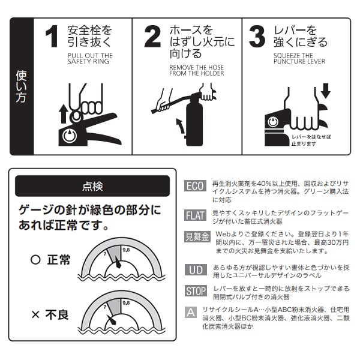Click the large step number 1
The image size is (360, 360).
[52, 36]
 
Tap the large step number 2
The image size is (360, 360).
[152, 36]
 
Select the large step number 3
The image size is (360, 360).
[257, 36]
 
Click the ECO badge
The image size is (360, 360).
[195, 186]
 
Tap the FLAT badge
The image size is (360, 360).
[195, 215]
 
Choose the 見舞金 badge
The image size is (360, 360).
[197, 236]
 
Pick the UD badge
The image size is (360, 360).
[196, 269]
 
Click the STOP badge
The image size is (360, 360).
[196, 291]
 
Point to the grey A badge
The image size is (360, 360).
[191, 312]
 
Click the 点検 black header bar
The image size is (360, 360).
[92, 186]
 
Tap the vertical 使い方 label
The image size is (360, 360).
[21, 86]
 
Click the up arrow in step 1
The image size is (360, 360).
[63, 114]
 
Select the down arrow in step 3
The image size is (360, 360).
[326, 91]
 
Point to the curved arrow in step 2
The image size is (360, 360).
[181, 125]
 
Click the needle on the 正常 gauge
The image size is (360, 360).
[118, 262]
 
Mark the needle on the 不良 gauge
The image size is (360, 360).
[112, 319]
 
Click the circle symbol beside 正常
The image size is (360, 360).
[35, 260]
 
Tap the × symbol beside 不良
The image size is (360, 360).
[35, 314]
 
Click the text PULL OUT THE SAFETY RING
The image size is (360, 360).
[90, 59]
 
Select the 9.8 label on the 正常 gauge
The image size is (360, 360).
[126, 250]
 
